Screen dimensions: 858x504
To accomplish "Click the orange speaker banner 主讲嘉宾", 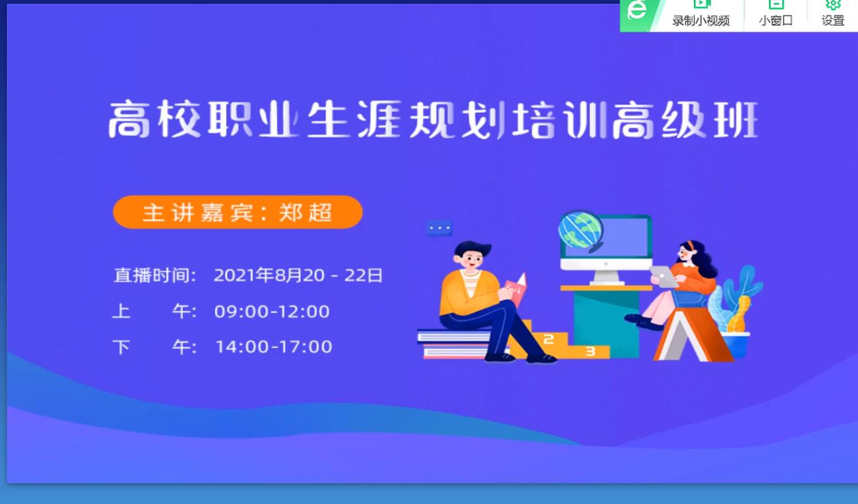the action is point(238,212).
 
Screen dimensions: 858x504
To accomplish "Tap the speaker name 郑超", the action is point(305,212).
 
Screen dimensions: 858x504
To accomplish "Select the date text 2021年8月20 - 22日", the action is point(298,275).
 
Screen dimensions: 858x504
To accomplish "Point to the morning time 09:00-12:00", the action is point(272,311).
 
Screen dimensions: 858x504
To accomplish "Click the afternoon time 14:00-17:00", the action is point(274,347).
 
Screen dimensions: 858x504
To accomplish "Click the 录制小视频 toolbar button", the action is point(701,15).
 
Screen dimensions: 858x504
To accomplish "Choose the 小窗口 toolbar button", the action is point(776,15).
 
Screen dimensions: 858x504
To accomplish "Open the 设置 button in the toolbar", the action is point(833,15).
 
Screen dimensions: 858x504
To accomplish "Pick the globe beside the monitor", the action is point(581,231).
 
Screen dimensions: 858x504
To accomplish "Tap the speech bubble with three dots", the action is point(439,228).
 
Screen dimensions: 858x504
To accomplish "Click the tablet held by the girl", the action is point(665,276).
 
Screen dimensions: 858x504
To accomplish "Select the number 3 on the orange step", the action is point(590,351).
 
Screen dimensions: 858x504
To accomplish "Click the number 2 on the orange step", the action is point(548,339).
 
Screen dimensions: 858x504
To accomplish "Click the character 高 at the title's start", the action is point(129,119).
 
